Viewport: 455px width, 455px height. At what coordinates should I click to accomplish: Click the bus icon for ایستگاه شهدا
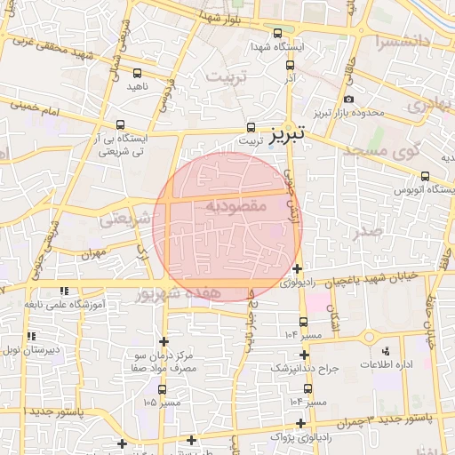click(277, 33)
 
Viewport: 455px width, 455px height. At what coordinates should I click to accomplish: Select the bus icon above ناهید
click(137, 74)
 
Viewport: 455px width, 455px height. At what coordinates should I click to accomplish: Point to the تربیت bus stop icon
click(251, 127)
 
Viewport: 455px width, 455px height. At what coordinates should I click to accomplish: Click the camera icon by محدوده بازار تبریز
click(347, 99)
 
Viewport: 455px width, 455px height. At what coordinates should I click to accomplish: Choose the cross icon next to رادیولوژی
click(297, 268)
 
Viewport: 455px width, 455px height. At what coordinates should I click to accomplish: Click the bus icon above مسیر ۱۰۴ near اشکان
click(304, 322)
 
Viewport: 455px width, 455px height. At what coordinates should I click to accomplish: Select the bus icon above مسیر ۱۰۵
click(162, 388)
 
